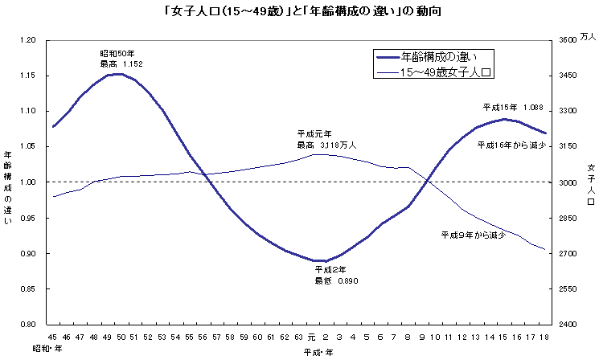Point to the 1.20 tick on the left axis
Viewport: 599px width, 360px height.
(27, 40)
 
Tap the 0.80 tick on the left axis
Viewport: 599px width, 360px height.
(27, 325)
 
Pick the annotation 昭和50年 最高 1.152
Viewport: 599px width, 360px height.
(121, 58)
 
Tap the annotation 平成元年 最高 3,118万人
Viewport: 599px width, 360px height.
(326, 140)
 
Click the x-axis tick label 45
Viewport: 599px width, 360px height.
(53, 337)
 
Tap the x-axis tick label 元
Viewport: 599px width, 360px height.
(313, 337)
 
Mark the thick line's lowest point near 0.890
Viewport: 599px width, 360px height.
(319, 261)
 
